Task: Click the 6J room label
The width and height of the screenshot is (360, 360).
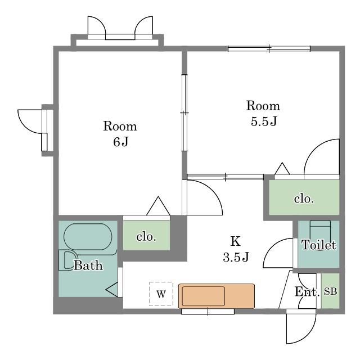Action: [120, 134]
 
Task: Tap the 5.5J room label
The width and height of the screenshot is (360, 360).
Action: [263, 113]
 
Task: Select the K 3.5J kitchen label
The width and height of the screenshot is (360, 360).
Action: [236, 249]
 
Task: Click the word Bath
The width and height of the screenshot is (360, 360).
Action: [88, 265]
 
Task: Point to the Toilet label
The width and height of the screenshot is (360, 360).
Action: [319, 245]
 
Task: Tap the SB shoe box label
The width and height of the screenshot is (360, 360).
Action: [330, 291]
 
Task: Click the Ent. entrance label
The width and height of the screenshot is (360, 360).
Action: [307, 292]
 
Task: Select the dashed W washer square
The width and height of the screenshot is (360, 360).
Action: [161, 294]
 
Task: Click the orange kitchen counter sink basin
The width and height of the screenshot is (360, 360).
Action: [204, 296]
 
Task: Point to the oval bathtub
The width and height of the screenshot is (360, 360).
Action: [88, 237]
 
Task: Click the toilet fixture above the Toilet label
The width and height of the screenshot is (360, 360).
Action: [320, 229]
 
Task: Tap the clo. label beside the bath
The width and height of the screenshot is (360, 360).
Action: [146, 237]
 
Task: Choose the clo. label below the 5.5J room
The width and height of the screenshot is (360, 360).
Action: [304, 199]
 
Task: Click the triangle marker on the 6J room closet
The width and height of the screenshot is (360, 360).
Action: [158, 206]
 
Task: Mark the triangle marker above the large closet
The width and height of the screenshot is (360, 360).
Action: [282, 169]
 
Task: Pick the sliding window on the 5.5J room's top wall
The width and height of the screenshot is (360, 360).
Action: [269, 48]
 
